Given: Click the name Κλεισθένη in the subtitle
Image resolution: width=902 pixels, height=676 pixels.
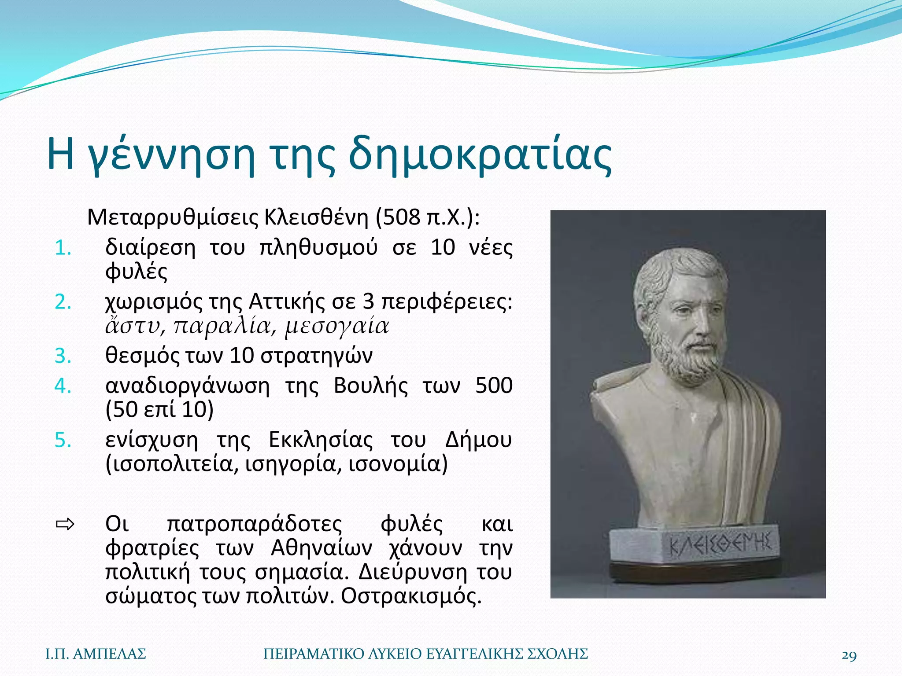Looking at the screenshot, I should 315,217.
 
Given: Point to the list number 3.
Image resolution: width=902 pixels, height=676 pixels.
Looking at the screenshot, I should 63,356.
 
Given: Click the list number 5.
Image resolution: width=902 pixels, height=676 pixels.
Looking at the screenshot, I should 63,440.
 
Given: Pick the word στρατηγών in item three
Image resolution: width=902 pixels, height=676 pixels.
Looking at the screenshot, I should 316,356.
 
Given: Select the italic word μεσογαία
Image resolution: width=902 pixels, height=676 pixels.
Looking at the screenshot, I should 337,326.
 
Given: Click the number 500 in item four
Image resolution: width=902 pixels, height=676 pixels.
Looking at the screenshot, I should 494,386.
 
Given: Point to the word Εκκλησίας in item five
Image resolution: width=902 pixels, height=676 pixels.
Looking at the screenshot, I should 321,440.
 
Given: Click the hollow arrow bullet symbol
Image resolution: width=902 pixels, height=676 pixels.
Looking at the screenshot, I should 65,524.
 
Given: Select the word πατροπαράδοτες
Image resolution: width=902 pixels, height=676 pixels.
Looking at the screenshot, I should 254,524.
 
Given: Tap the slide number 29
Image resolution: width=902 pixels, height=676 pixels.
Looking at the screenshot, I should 849,655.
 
